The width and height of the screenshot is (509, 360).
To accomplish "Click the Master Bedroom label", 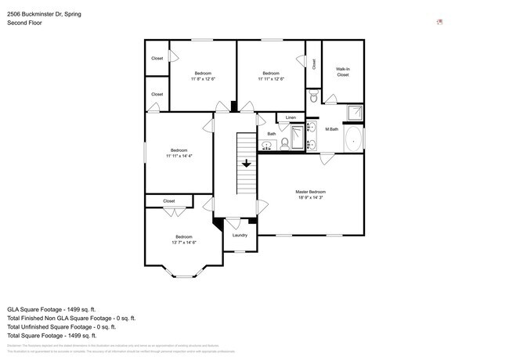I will [x=311, y=192].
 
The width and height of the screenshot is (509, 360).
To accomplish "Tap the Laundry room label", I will [x=240, y=235].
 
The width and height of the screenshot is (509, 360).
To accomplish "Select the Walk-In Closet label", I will [x=343, y=72].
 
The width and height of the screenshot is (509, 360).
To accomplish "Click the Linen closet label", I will [x=291, y=117].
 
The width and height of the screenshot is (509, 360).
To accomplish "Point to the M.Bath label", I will [x=332, y=128].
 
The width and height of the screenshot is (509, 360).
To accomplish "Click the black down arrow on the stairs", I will [x=247, y=164].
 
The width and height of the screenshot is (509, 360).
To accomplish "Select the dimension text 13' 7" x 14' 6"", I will [x=184, y=243].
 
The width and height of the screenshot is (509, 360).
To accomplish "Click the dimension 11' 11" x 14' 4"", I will [x=179, y=156].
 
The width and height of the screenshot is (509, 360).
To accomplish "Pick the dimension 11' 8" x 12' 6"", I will [x=203, y=78].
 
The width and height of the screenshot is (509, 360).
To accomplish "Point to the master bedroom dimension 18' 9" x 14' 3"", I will [x=311, y=198].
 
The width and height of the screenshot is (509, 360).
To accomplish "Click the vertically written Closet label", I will [x=314, y=64].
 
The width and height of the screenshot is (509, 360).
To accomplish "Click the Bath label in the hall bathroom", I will [x=272, y=134].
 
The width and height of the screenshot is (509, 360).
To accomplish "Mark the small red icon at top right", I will [x=440, y=22].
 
